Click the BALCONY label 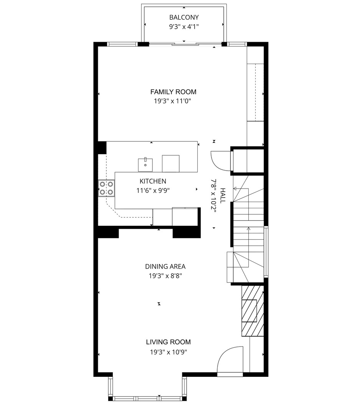tap(184, 17)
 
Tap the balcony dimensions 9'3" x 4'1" tap(184, 26)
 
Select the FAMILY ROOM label tap(173, 92)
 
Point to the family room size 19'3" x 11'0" tap(173, 101)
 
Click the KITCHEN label tap(153, 181)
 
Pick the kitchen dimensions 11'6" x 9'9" tap(153, 190)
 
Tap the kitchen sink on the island tap(145, 164)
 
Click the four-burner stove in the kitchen tap(106, 188)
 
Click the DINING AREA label tap(165, 266)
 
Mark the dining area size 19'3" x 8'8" tap(165, 276)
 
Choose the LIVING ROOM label tap(168, 342)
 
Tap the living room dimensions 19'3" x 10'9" tap(168, 352)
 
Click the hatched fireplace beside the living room tap(253, 311)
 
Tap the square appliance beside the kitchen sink tap(170, 163)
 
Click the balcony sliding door tap(184, 44)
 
